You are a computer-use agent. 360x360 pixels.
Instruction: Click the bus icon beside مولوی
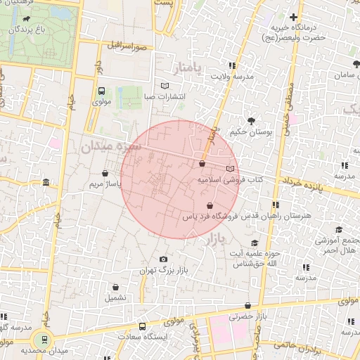click(x=102, y=91)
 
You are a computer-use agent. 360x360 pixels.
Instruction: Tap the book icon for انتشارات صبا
click(x=165, y=86)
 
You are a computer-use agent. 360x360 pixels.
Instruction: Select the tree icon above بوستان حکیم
click(x=250, y=121)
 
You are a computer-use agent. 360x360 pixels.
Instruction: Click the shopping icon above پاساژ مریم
click(x=105, y=173)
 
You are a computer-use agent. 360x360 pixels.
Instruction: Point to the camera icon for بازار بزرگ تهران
click(x=164, y=259)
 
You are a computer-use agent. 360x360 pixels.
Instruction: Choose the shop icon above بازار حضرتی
click(x=249, y=306)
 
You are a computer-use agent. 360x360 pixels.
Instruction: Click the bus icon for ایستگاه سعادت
click(x=143, y=326)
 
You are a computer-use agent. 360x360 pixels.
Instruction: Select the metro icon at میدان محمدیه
click(x=46, y=339)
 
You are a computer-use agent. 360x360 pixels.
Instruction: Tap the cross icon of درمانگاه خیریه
click(x=293, y=17)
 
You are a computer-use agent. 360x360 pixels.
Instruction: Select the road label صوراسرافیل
click(x=127, y=46)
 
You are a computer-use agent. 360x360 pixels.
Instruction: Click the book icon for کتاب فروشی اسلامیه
click(x=231, y=169)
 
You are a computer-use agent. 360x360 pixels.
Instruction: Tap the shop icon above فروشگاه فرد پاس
click(x=210, y=206)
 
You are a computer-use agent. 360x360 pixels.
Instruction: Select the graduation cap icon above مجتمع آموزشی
click(x=339, y=229)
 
